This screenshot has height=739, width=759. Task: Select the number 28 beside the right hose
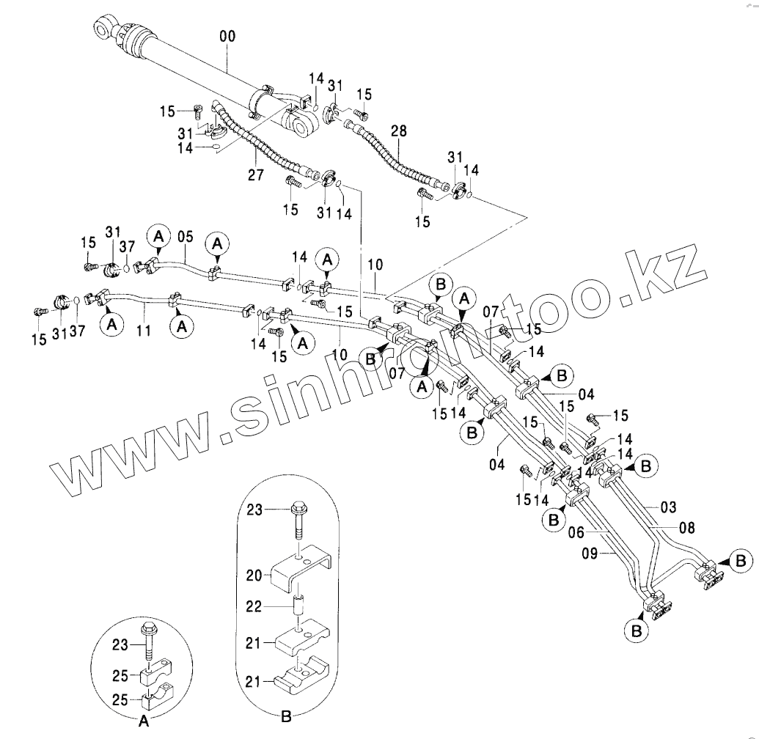coord(398,131)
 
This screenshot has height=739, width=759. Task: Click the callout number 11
coord(144,331)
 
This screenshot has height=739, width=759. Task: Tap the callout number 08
coord(686,526)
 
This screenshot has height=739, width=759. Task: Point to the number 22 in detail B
coord(253,608)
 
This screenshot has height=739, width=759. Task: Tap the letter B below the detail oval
coord(286,716)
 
